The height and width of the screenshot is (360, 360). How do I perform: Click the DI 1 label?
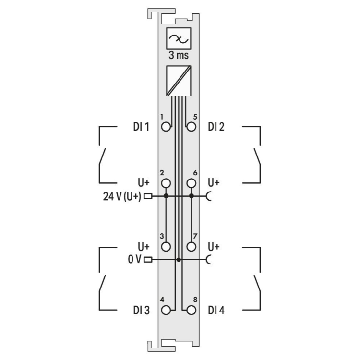click(x=141, y=127)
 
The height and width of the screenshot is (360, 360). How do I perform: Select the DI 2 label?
click(x=216, y=127)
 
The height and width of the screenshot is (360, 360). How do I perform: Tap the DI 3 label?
click(x=142, y=311)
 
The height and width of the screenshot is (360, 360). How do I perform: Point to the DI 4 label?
click(x=216, y=311)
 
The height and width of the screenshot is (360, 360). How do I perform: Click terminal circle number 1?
click(x=166, y=127)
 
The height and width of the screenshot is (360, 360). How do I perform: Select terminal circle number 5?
click(x=191, y=127)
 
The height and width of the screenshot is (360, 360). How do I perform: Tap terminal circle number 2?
click(x=166, y=183)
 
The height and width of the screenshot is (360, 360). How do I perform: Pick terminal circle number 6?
click(x=191, y=183)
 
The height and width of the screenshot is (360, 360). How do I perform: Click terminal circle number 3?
click(x=166, y=247)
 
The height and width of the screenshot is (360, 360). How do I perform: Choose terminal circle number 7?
click(x=191, y=247)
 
